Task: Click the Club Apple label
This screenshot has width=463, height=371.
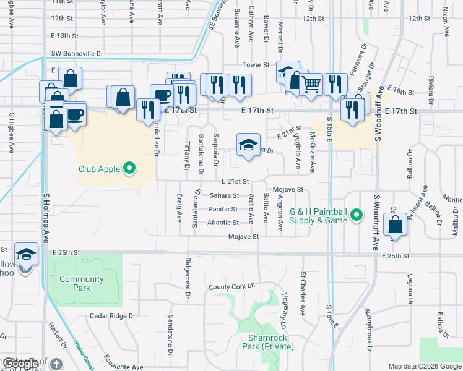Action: (x=98, y=168)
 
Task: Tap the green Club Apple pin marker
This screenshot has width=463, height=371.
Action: (x=129, y=168)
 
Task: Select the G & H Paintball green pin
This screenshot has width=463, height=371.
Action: (x=356, y=216)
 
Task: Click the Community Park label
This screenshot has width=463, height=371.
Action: (x=82, y=283)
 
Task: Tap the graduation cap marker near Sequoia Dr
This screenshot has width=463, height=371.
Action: (x=248, y=145)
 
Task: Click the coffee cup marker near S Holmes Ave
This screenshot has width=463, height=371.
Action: (x=75, y=115)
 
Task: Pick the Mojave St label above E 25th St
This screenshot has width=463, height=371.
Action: (x=243, y=237)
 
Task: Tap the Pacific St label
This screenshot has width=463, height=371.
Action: (x=223, y=209)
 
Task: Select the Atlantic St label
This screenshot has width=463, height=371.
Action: (x=223, y=223)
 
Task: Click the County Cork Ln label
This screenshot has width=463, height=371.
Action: (x=231, y=287)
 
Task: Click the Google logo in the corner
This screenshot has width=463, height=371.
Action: (x=20, y=364)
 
